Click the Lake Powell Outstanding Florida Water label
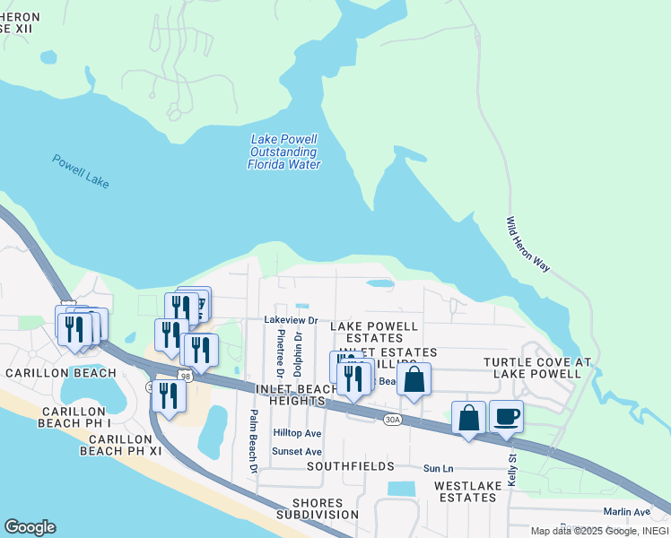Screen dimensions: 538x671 (284, 152)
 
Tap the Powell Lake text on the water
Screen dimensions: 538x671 (81, 170)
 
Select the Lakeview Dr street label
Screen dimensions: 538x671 (291, 320)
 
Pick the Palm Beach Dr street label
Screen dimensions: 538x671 (253, 441)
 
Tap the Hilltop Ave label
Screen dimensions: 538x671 (296, 433)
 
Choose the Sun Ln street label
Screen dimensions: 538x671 (438, 468)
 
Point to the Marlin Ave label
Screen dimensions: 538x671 (626, 512)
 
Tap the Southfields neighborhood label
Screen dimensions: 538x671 (350, 467)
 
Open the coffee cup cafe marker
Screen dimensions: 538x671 (506, 417)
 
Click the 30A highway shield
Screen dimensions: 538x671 (392, 419)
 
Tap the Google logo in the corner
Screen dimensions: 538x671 (30, 527)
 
